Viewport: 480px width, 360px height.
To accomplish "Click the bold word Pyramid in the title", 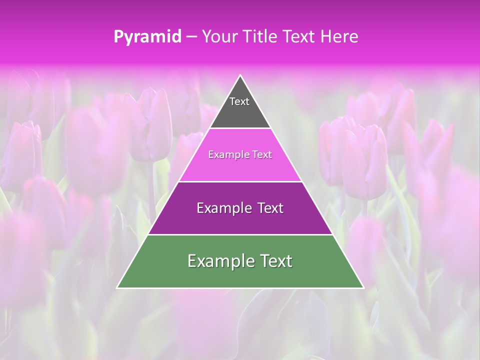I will point(147,37).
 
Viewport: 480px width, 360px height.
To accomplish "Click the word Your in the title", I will point(219,36).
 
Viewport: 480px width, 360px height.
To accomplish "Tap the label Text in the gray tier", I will point(239,101).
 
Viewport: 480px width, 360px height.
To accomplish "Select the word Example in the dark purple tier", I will point(223,208).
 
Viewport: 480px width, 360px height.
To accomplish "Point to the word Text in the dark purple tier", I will point(269,208).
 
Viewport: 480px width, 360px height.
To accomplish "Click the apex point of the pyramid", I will point(240,75).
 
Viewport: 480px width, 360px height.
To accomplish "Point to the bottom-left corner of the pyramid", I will point(117,287).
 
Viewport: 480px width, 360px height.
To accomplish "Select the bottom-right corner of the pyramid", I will point(363,287).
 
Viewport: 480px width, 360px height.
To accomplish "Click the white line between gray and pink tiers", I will point(240,128).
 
